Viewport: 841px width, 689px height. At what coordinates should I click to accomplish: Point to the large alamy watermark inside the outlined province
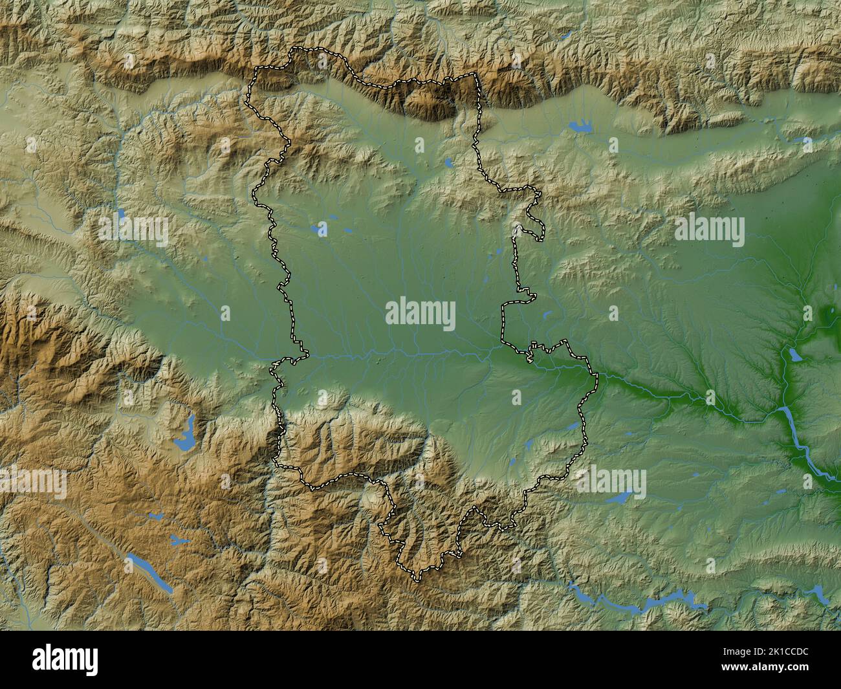pos(420,315)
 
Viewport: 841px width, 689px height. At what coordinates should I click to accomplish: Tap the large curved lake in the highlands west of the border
pos(184,435)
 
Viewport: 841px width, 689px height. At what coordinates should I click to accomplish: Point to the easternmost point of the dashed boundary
pos(597,382)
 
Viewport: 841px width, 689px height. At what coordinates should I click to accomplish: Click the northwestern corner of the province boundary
pos(254,71)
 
